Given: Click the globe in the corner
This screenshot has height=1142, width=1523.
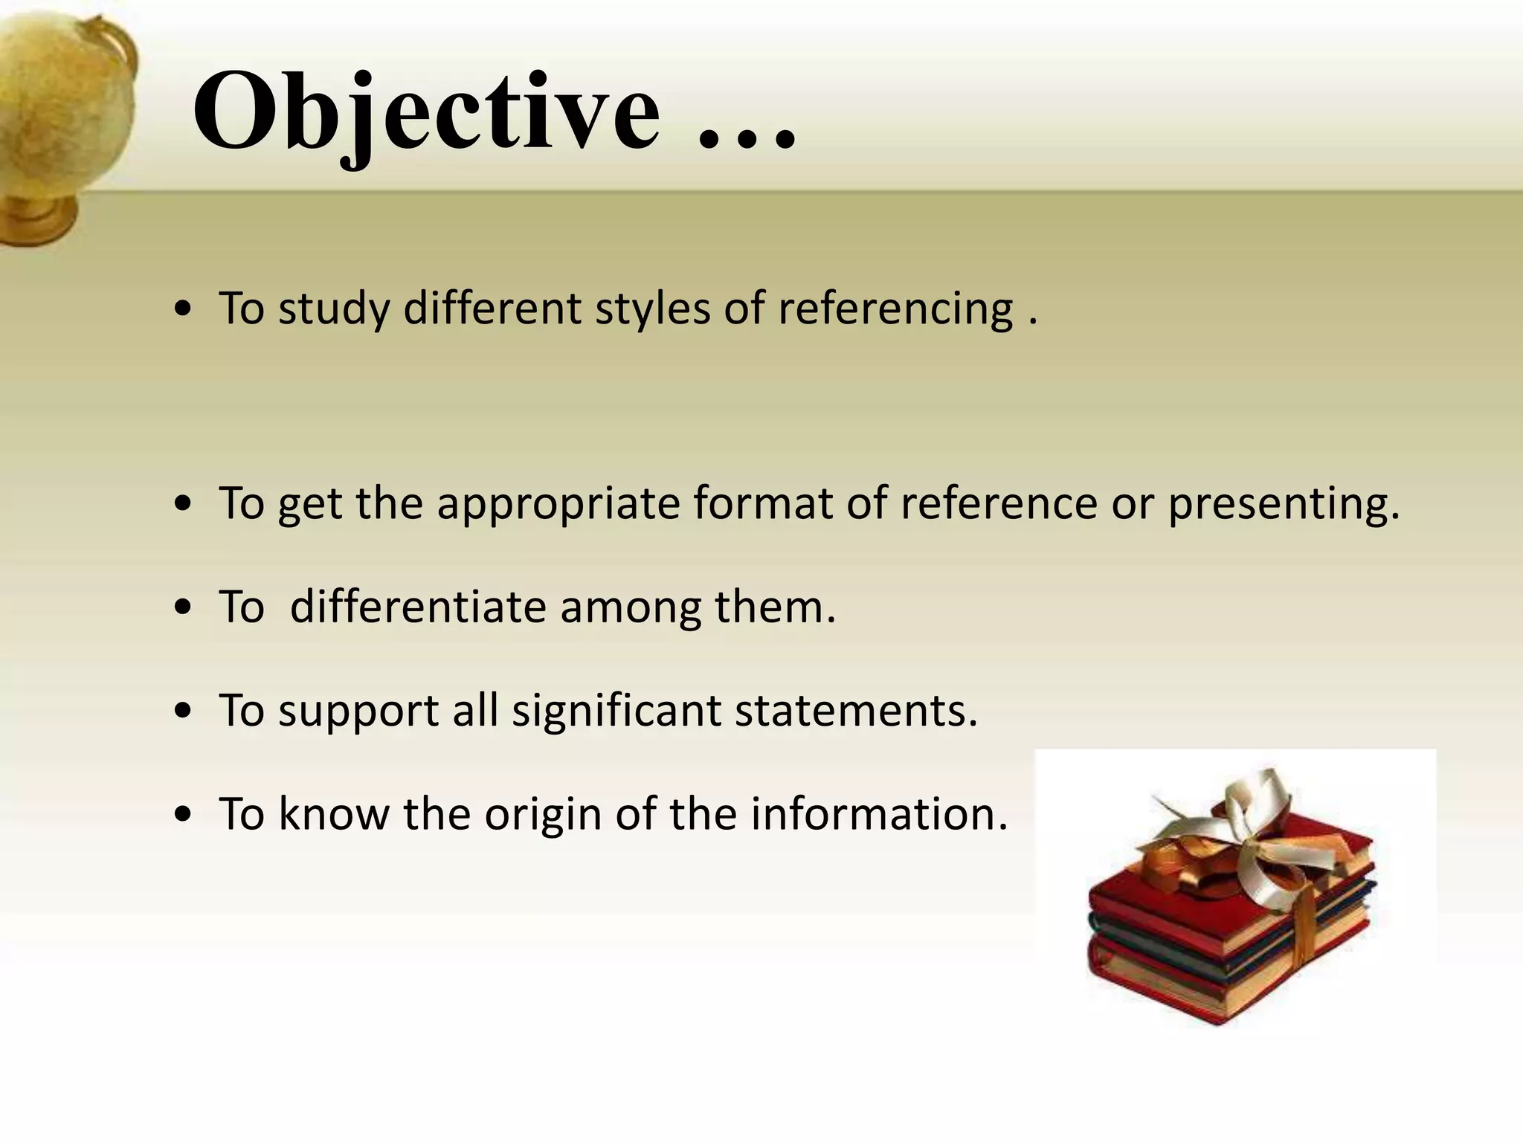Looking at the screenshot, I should click(59, 97).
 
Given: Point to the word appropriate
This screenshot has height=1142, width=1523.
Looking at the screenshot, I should click(558, 504).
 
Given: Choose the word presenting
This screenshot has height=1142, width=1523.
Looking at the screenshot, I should click(1284, 504).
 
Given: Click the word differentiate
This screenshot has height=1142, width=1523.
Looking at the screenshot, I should click(418, 607).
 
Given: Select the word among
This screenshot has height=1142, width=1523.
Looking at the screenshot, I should click(631, 608).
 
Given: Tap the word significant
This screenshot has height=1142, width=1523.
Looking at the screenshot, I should click(616, 711).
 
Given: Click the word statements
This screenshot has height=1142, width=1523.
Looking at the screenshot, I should click(856, 711).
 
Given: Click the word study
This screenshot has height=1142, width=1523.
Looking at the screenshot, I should click(334, 310).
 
